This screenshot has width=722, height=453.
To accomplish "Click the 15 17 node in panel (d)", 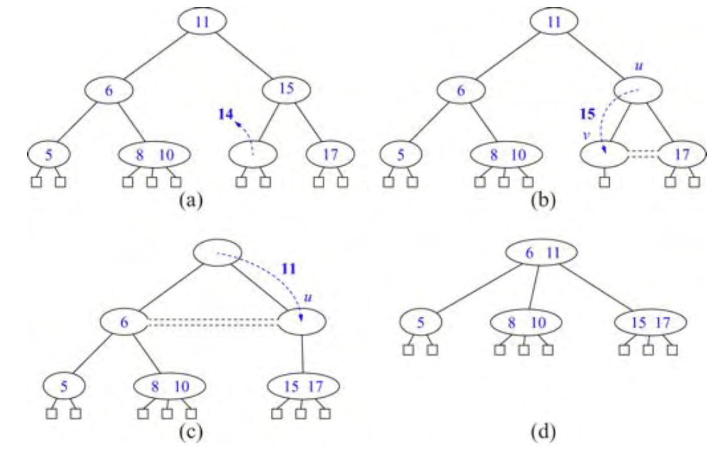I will [651, 322].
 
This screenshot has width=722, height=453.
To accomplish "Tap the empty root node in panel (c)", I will [217, 252].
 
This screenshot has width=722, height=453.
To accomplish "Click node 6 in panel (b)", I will [461, 90].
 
